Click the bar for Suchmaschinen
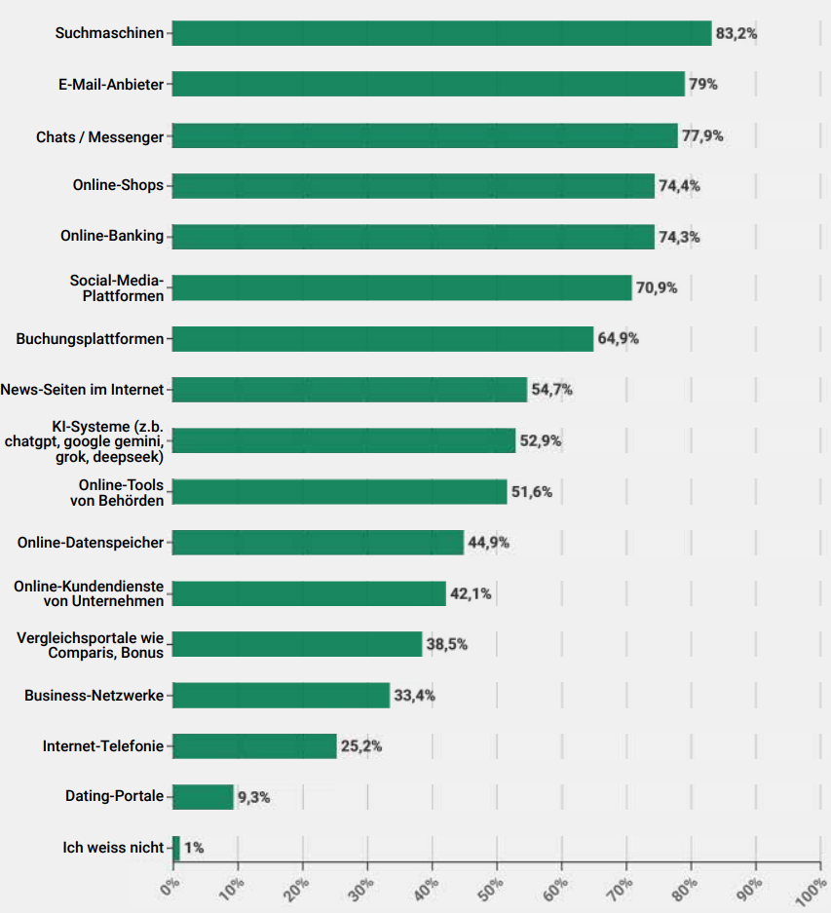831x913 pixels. coord(442,33)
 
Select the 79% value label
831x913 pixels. coord(703,85)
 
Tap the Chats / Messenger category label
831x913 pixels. coord(100,136)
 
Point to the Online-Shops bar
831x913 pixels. coord(414,186)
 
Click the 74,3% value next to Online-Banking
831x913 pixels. coord(679,237)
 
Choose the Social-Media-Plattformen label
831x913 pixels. coord(116,287)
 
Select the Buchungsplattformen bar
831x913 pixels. coord(383,339)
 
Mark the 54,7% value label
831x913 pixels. coord(551,390)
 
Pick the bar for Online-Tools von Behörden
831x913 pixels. coord(340,491)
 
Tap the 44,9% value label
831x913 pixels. coord(488,543)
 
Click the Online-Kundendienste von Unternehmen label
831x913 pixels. coord(89,593)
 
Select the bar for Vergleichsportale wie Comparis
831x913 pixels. coord(298,644)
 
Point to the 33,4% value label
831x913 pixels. coord(414,696)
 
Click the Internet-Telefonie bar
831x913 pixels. coord(255,746)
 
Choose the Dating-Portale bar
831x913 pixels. coord(204,797)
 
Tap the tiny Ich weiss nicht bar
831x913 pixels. coord(176,848)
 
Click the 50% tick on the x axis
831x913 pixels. coord(494,889)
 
